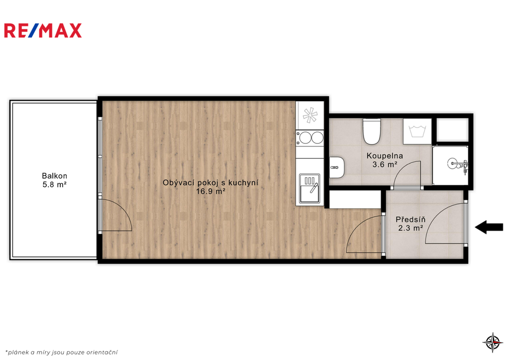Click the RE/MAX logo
point(43,30)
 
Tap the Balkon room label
point(54,176)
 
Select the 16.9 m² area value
point(211,191)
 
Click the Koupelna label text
point(384,156)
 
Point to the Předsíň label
point(410,220)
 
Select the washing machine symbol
point(417,131)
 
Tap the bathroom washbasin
point(337,167)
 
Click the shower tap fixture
point(458,164)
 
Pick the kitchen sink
point(310,188)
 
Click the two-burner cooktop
point(310,137)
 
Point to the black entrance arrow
point(489,227)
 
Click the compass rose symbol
point(493,342)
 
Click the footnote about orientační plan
point(61,352)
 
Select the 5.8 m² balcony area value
point(55,185)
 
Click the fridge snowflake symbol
point(310,115)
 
